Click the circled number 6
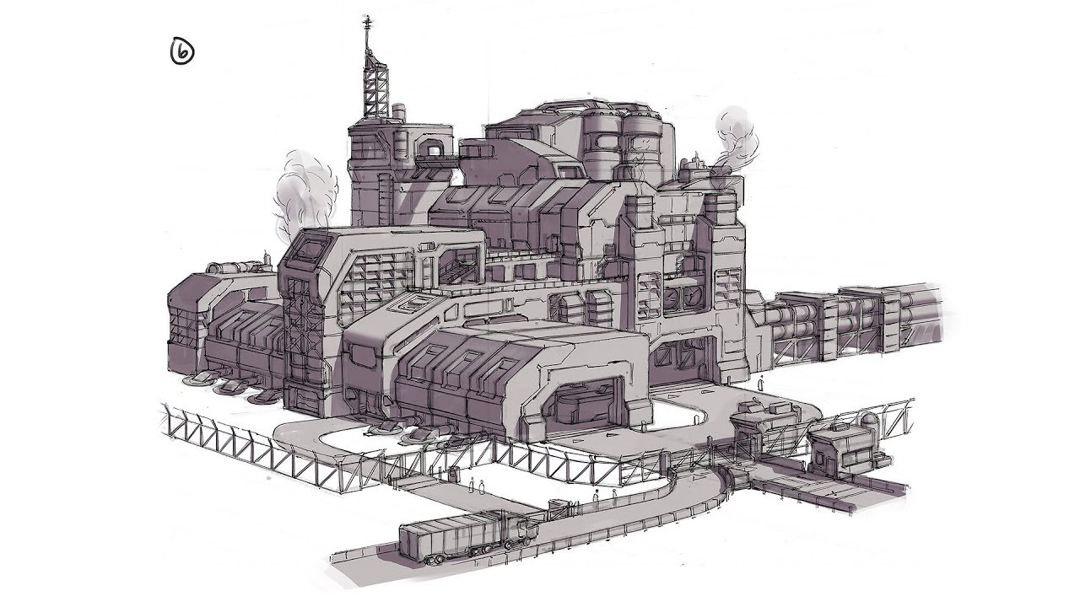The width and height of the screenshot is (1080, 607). click(x=181, y=52)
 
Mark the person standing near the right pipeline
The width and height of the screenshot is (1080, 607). click(x=761, y=383)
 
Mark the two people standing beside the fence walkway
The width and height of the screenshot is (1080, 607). click(x=477, y=486)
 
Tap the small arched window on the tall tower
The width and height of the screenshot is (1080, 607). click(x=432, y=148)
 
